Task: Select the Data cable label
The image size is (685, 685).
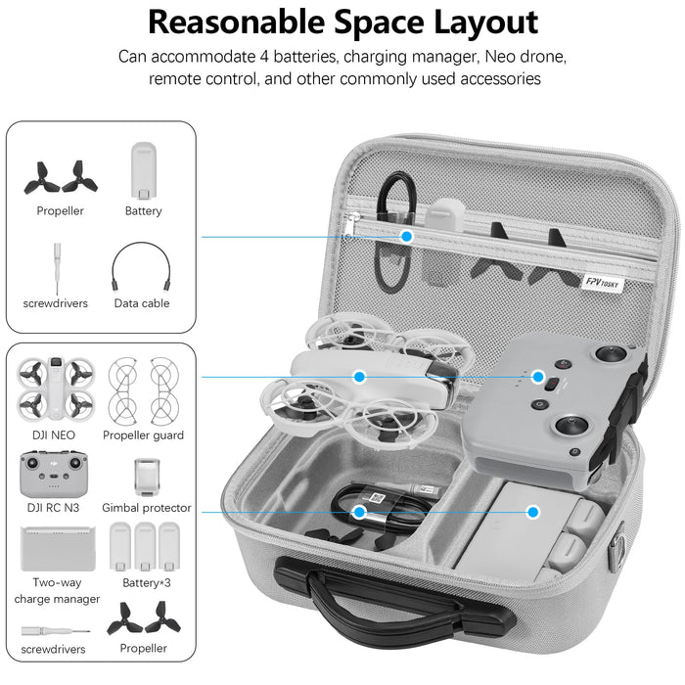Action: (x=142, y=303)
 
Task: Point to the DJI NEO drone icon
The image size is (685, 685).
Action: (x=55, y=386)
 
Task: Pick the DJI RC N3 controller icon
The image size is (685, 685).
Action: (x=55, y=473)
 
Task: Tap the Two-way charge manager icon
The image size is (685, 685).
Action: (x=57, y=546)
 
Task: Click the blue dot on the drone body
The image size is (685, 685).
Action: (x=360, y=376)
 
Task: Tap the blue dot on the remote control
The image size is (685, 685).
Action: (x=537, y=376)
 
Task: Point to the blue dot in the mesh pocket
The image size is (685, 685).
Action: (x=407, y=236)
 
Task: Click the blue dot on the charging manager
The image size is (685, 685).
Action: (x=533, y=511)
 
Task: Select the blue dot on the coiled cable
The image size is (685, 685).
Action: (x=359, y=511)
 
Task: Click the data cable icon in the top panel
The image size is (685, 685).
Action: (x=142, y=265)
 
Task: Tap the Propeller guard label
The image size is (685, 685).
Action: (x=144, y=435)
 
